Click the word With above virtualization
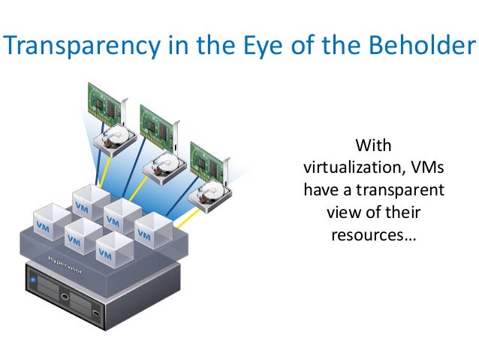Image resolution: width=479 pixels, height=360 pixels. pyautogui.click(x=373, y=143)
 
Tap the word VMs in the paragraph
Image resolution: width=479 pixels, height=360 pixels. pyautogui.click(x=423, y=166)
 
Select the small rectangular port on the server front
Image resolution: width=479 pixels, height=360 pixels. pyautogui.click(x=95, y=311)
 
